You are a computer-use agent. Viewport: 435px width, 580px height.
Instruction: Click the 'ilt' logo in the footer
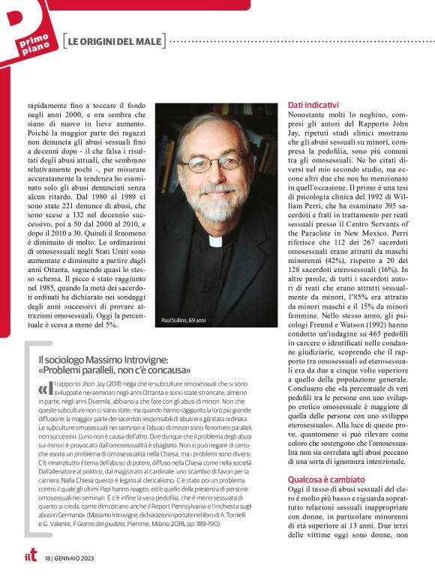coord(28,556)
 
